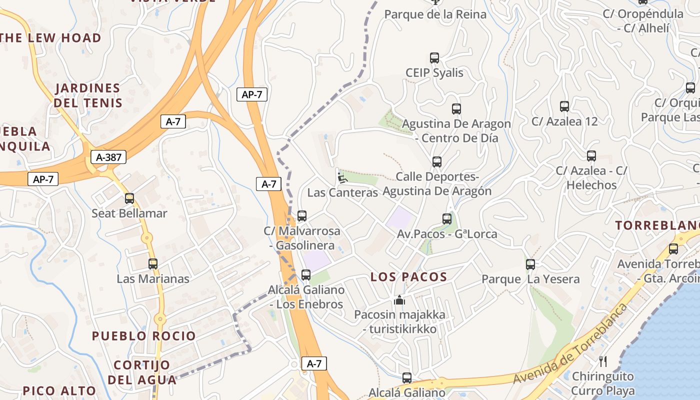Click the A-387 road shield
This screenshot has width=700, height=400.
108,157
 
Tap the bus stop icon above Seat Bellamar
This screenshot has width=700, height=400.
129,198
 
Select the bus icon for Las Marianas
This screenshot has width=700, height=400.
153,263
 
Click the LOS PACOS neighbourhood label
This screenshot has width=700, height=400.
408,277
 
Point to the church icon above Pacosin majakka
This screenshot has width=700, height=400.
399,300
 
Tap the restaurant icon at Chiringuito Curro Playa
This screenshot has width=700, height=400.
603,361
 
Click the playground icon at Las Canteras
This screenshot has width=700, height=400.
342,177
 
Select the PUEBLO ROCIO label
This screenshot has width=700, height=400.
143,336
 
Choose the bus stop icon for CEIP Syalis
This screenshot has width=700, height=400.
434,58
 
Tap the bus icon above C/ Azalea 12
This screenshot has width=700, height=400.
564,106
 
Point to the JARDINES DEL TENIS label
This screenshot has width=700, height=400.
88,95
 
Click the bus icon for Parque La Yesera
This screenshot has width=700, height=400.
530,264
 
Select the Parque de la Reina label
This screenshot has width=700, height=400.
435,14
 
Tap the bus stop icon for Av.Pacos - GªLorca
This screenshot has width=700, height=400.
447,219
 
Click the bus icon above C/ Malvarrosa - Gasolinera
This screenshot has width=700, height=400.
302,216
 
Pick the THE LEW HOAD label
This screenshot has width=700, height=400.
50,38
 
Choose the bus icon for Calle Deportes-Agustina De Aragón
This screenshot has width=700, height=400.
437,162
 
